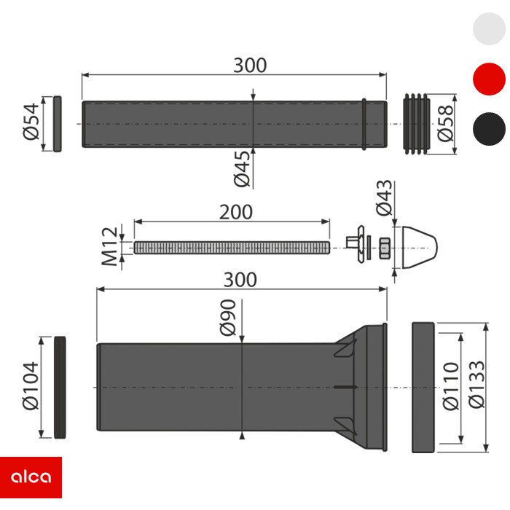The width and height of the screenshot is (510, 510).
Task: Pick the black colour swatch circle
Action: pos(489,129)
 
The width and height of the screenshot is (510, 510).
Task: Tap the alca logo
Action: pos(31,477)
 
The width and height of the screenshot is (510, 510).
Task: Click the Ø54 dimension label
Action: pos(30,123)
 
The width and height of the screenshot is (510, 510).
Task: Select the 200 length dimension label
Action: pos(235,212)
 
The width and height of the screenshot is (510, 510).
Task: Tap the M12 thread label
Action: pos(109,246)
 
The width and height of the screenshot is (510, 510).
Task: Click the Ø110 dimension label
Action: pos(450,387)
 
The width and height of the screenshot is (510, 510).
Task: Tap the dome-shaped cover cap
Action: pos(419,248)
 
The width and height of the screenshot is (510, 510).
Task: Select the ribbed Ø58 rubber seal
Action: pos(418,123)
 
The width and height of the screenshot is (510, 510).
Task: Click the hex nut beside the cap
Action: pos(385,248)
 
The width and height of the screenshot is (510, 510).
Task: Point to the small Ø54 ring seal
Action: pos(57,123)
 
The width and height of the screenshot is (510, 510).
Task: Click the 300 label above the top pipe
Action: pos(250,65)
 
